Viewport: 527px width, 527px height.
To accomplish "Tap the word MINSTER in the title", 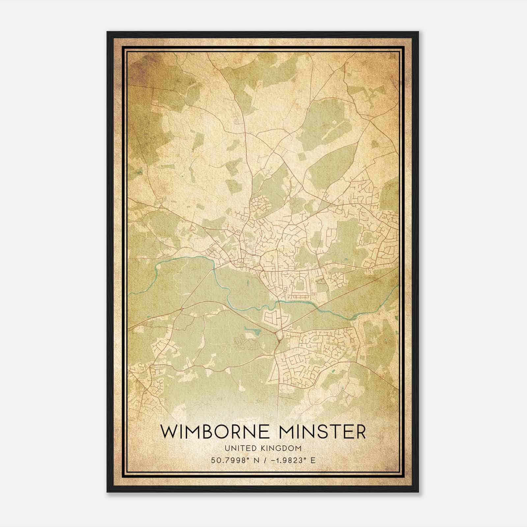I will click(319, 432).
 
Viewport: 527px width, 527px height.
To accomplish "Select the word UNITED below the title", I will click(239, 448).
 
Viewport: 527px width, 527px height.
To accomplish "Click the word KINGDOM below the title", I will click(284, 448).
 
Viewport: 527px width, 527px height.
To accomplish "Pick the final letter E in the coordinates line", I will click(313, 460).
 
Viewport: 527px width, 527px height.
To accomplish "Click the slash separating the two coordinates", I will click(263, 460).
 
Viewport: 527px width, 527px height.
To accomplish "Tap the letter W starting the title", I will click(168, 432).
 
